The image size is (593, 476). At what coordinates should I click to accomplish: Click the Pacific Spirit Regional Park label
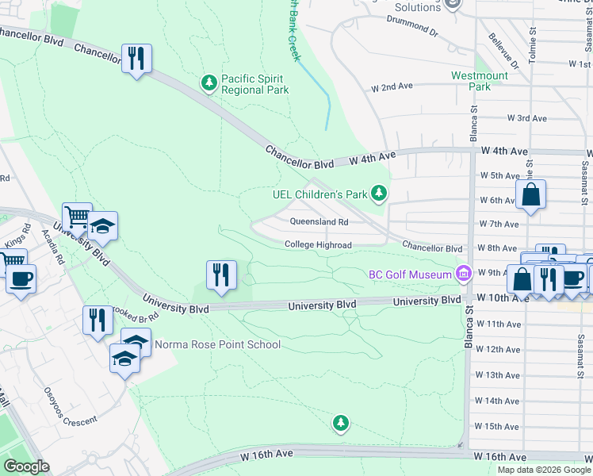click(x=254, y=84)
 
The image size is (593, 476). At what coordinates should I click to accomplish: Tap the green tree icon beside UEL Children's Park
click(x=380, y=193)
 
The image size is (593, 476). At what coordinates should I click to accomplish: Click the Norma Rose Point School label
click(x=217, y=344)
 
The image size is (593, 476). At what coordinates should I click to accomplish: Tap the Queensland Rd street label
click(x=319, y=222)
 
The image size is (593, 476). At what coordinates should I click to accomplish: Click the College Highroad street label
click(x=318, y=245)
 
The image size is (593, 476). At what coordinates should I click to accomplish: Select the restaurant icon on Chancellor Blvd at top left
click(x=136, y=59)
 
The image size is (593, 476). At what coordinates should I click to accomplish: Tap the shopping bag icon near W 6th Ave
click(x=530, y=194)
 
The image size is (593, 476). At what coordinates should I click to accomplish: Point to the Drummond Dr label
click(x=412, y=32)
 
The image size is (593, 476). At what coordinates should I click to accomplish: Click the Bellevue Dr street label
click(x=503, y=50)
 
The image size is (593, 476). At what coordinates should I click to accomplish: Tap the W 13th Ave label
click(x=503, y=374)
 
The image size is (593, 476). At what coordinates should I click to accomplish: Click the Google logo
click(x=27, y=466)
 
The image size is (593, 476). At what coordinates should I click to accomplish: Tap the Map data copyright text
click(x=544, y=470)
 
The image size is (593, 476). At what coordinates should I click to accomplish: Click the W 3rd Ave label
click(x=526, y=118)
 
